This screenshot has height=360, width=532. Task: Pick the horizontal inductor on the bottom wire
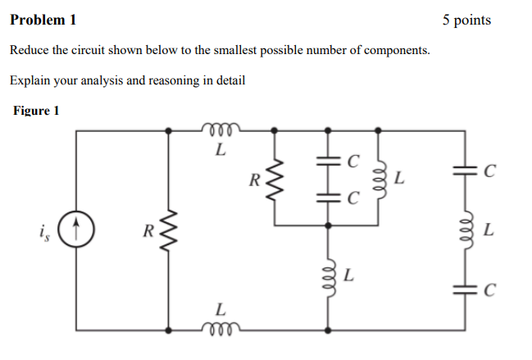click(218, 329)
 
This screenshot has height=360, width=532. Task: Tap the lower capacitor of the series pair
click(329, 197)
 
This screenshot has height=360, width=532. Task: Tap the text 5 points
click(466, 20)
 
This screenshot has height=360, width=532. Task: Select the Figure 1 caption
click(37, 111)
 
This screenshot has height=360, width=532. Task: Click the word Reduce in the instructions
click(29, 51)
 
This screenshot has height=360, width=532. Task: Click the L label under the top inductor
click(218, 149)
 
